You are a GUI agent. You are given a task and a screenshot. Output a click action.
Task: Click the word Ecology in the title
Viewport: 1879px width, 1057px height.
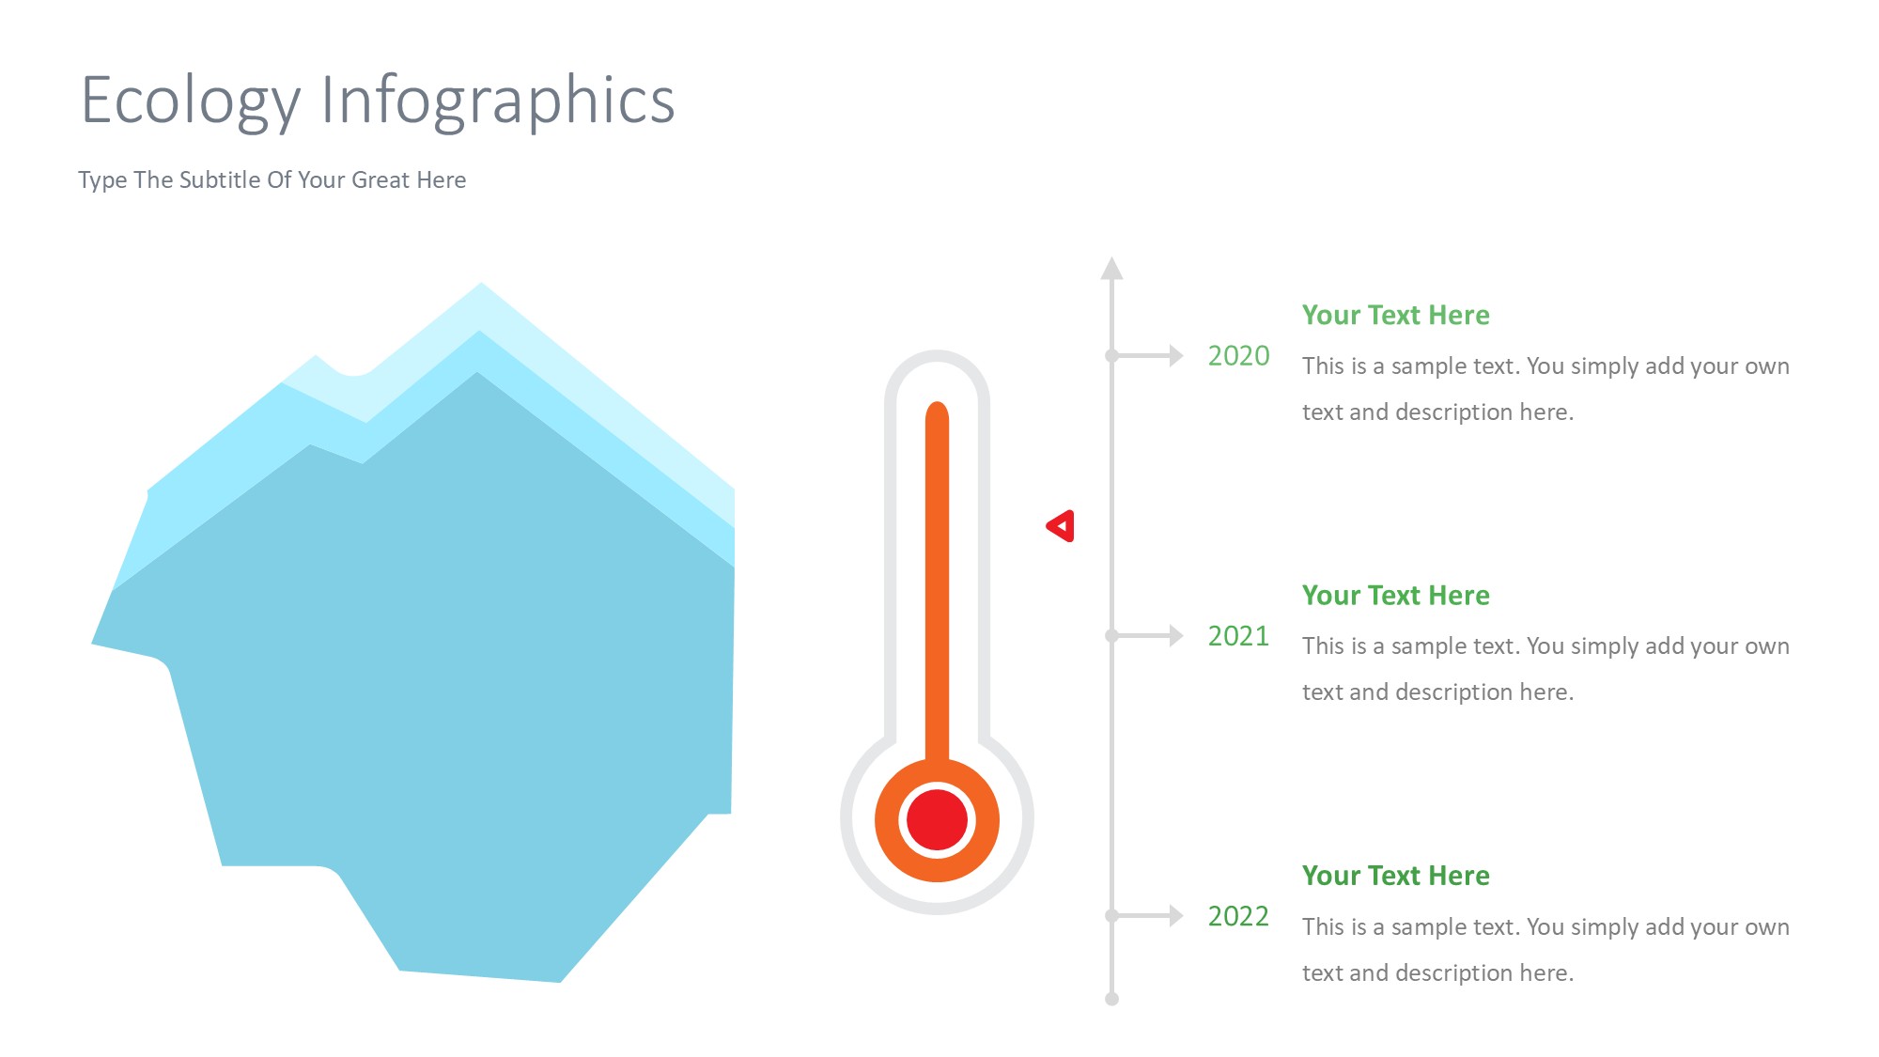[x=192, y=101]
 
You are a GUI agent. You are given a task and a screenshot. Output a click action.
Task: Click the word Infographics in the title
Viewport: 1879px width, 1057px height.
[x=498, y=101]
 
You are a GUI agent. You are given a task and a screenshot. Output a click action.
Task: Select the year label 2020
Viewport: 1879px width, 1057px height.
[x=1238, y=356]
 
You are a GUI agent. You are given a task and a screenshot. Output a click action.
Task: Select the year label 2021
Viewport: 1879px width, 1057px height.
[x=1238, y=636]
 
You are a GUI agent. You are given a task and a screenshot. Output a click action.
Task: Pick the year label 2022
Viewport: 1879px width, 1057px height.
[x=1238, y=916]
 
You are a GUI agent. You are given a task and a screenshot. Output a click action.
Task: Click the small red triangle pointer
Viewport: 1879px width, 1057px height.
[x=1061, y=526]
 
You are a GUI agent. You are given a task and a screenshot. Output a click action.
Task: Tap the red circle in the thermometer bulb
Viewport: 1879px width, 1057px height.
[x=937, y=820]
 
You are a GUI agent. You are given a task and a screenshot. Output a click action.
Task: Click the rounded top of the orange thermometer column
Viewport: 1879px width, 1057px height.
[x=937, y=412]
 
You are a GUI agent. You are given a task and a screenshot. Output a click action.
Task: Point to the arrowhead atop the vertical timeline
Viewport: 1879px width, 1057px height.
[x=1112, y=269]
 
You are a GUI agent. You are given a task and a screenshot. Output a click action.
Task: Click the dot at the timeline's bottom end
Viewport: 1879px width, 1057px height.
[x=1112, y=999]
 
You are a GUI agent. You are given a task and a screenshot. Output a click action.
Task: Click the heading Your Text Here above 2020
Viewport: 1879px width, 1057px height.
[x=1395, y=315]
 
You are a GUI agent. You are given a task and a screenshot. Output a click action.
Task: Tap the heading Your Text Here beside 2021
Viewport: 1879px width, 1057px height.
[x=1395, y=595]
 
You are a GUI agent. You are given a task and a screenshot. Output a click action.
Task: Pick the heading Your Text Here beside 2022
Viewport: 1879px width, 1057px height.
[x=1395, y=876]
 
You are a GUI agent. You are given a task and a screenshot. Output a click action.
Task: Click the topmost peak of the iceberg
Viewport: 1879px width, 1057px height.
[x=481, y=283]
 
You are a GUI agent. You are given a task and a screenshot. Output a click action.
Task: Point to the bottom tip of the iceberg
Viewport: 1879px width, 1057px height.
[x=560, y=981]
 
